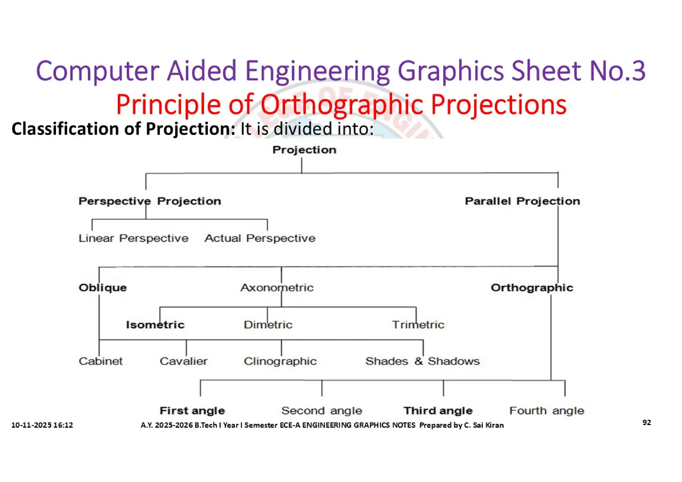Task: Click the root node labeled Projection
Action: click(304, 150)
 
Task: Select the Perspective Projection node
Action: click(150, 201)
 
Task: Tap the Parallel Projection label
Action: click(522, 201)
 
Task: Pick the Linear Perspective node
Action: click(133, 238)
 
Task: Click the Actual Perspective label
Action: click(260, 238)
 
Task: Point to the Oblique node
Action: click(103, 287)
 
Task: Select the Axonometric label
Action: click(277, 287)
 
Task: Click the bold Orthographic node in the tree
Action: click(532, 287)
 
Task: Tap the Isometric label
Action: click(155, 325)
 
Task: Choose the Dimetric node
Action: click(268, 325)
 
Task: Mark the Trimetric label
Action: click(418, 325)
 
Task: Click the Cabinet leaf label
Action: click(101, 361)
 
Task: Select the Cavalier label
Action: click(183, 361)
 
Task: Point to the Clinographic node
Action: click(280, 361)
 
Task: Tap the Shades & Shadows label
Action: click(422, 361)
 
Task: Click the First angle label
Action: click(192, 411)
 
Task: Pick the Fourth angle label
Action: click(546, 411)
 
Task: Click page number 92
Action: click(646, 422)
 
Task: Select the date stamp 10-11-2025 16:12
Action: click(42, 425)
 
